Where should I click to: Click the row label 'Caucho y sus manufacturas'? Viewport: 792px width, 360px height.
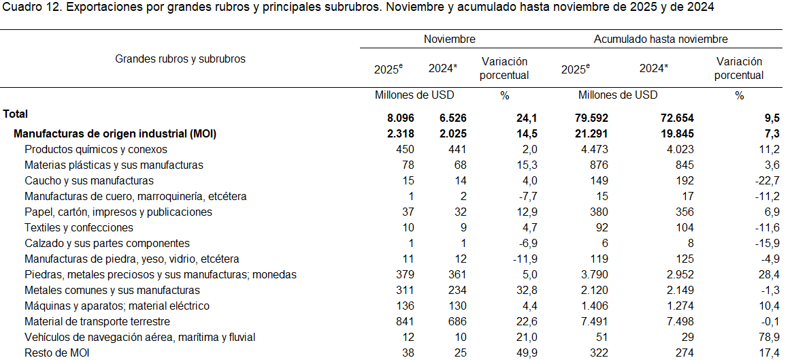click(88, 181)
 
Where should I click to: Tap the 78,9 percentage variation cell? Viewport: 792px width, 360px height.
click(748, 338)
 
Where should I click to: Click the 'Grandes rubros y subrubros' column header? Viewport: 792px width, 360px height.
click(180, 59)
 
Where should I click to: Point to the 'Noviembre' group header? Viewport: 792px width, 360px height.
click(449, 39)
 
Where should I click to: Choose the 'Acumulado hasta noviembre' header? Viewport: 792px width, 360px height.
click(660, 39)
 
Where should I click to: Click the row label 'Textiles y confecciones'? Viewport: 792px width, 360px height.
click(79, 228)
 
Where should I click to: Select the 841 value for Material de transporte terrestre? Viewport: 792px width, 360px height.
click(404, 322)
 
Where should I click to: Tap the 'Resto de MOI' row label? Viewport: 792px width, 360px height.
click(56, 353)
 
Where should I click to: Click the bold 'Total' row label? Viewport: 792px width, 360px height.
click(16, 114)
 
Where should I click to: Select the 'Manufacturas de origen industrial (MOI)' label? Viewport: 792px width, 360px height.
click(115, 134)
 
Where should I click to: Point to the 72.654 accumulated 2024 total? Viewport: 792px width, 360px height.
click(672, 118)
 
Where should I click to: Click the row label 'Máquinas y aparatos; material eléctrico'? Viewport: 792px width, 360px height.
click(117, 306)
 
